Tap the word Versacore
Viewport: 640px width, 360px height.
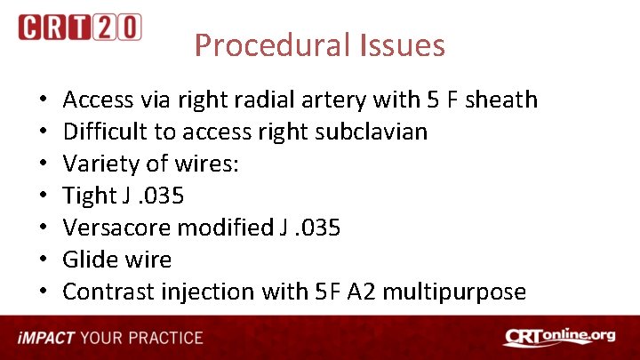pyautogui.click(x=116, y=228)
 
